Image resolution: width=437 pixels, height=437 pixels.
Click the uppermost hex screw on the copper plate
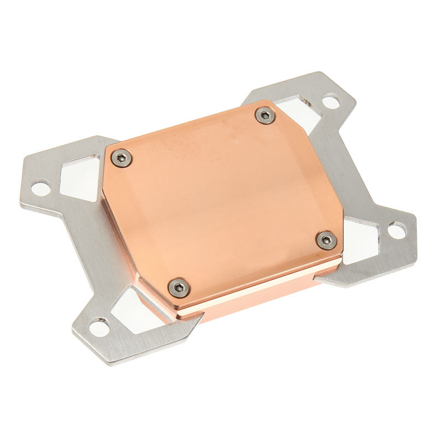coord(265,115)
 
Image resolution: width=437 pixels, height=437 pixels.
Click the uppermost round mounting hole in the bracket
coord(330,101)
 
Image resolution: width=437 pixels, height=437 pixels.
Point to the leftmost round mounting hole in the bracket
coord(39,189)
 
